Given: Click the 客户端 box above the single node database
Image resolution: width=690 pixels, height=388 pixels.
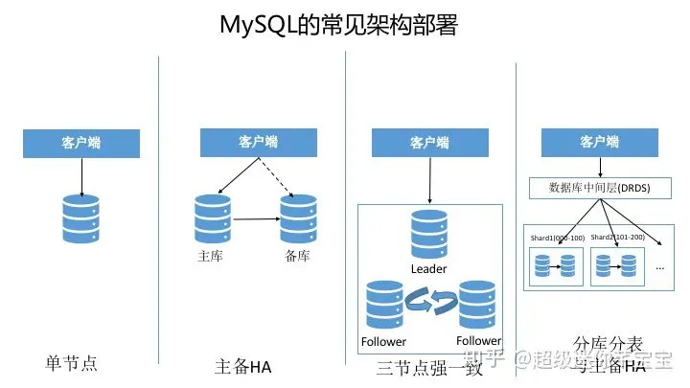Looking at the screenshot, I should pyautogui.click(x=81, y=143).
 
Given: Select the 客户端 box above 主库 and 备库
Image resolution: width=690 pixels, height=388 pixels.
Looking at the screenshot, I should pyautogui.click(x=257, y=143).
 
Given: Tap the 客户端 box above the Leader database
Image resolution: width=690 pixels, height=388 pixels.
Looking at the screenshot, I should pyautogui.click(x=429, y=143).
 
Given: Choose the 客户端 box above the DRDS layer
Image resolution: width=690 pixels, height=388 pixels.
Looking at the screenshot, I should pyautogui.click(x=599, y=143).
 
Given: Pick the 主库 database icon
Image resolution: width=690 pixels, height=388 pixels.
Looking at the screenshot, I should pyautogui.click(x=212, y=218).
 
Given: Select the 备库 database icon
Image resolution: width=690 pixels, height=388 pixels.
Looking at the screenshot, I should pyautogui.click(x=298, y=218).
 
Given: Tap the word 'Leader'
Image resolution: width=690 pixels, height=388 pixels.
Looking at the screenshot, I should pyautogui.click(x=428, y=269).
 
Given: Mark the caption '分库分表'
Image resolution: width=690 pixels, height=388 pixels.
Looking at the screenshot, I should pyautogui.click(x=608, y=343).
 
